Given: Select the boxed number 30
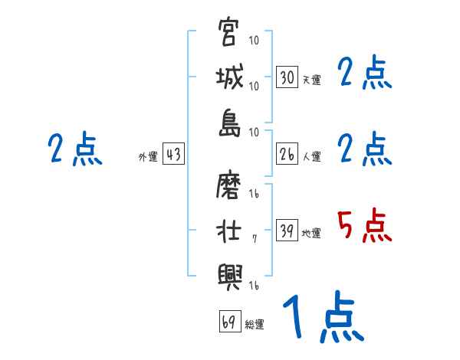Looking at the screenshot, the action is coord(287,77).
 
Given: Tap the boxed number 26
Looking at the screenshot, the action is coord(287,154).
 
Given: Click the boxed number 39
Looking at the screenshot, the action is coord(287,231).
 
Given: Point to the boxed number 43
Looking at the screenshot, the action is coord(173,155).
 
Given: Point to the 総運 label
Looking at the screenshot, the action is coord(255,325).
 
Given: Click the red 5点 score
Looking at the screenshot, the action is coord(365,226).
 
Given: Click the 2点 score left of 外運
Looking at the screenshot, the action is coord(74,150).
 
